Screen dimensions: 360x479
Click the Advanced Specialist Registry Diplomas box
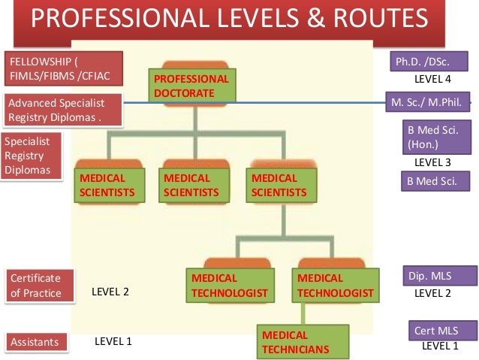tap(65, 110)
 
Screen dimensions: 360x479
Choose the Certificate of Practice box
tap(43, 285)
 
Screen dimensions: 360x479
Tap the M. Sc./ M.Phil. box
tap(427, 101)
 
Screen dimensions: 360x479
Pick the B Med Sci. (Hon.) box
tap(433, 136)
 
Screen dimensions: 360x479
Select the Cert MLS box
tap(435, 331)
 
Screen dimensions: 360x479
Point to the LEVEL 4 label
tap(432, 78)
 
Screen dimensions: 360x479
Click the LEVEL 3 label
tap(432, 162)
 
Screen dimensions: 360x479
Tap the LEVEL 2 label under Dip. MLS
tap(432, 293)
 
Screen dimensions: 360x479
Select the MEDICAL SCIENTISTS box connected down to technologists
tap(279, 186)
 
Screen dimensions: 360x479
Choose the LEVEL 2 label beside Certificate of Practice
tap(110, 292)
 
